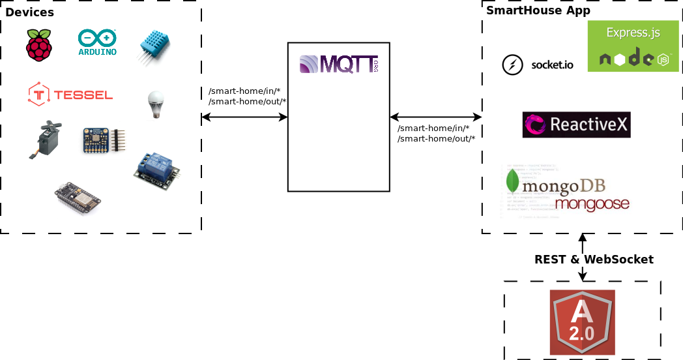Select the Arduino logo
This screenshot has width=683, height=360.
(x=97, y=42)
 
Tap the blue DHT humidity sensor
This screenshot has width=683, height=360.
(x=154, y=46)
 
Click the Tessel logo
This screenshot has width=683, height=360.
(x=70, y=94)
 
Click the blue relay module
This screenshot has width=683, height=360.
(x=156, y=168)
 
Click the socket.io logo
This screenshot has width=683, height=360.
(x=538, y=65)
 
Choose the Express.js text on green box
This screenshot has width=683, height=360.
(x=633, y=33)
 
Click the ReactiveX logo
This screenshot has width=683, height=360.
(x=576, y=125)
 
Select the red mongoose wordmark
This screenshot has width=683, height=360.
(x=592, y=204)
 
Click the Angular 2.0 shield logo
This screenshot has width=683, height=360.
(x=582, y=322)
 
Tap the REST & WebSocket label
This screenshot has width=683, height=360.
(x=594, y=259)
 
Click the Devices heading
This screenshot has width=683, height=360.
(x=29, y=12)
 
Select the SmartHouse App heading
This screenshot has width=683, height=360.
(x=538, y=10)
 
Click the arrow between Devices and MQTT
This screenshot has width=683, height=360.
(x=244, y=117)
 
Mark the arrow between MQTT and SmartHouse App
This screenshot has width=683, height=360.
(x=435, y=117)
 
